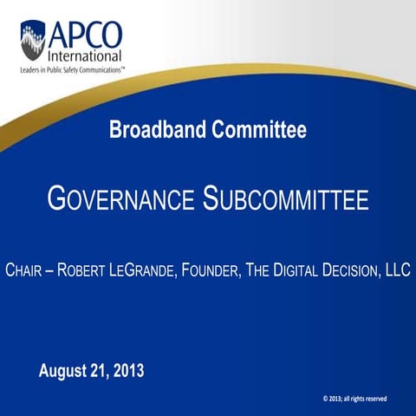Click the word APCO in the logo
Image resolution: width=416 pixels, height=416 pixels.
(84, 34)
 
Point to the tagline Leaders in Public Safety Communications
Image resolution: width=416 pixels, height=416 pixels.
(68, 69)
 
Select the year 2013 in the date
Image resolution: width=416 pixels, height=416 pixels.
(127, 371)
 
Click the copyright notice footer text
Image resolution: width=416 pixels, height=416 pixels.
(354, 398)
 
